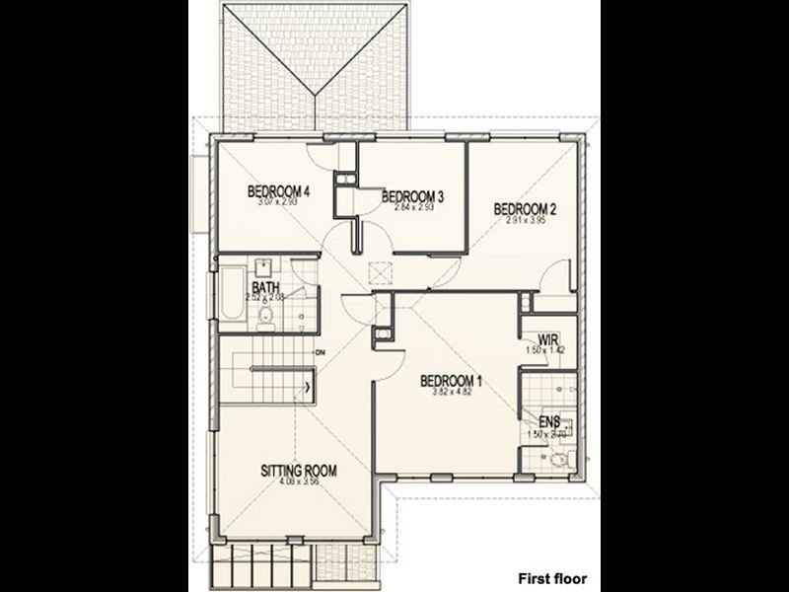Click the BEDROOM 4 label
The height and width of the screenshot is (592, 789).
pos(279,191)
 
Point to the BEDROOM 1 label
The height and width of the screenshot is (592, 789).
pos(451,381)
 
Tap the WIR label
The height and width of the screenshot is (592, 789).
pos(537,337)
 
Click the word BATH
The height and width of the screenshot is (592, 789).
pos(265,288)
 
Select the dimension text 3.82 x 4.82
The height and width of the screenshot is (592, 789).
pos(451,393)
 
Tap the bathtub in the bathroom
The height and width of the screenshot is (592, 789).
pos(230,292)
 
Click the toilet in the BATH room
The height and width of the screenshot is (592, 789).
pos(264,315)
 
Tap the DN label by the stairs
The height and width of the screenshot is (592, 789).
pos(321,352)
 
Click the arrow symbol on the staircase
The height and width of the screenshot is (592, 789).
pos(313,386)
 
